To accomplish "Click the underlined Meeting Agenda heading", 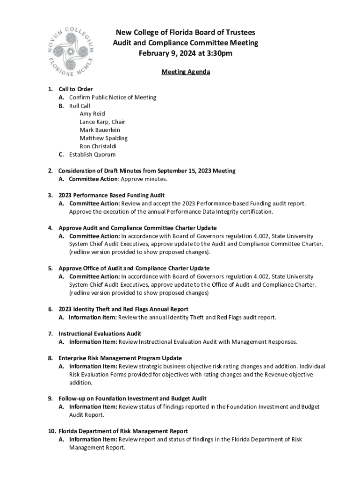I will [x=186, y=72].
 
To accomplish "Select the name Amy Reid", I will [x=92, y=114].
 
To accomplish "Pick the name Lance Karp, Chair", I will [x=102, y=122].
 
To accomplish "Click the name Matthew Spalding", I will [x=103, y=138].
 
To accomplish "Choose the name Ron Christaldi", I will [x=98, y=146].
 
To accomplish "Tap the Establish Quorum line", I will [x=92, y=155].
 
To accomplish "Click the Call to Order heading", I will [x=75, y=89].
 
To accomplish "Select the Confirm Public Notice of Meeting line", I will [x=113, y=97].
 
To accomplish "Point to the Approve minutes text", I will [x=144, y=179].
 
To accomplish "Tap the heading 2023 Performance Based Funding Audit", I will [x=111, y=195].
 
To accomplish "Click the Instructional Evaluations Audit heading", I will [x=100, y=334].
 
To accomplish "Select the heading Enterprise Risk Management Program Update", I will [x=120, y=358].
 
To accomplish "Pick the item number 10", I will [x=51, y=431].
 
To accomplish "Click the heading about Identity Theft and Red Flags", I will [x=123, y=309].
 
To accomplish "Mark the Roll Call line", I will [x=79, y=106].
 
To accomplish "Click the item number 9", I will [x=50, y=399].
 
